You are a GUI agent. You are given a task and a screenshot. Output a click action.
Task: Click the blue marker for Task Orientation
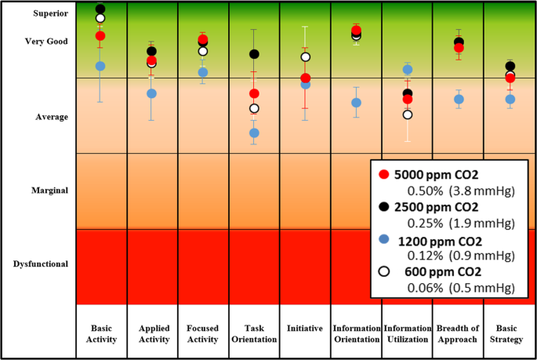coord(254,133)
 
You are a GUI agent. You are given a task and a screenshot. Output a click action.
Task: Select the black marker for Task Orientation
coord(254,54)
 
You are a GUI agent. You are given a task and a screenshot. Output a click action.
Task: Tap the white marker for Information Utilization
coord(407,115)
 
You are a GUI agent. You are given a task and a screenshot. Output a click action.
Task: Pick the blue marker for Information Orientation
coord(356,103)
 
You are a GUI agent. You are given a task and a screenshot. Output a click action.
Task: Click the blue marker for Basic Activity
coord(100,66)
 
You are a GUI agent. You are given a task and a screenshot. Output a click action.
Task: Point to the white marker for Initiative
coord(306,56)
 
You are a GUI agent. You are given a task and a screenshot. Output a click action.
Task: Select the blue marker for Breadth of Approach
coord(459,100)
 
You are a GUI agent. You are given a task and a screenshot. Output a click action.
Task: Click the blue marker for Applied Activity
coord(151,93)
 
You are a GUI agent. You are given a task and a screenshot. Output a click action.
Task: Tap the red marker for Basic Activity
coord(100,35)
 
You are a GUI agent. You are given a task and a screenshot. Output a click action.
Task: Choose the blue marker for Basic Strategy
coord(510,100)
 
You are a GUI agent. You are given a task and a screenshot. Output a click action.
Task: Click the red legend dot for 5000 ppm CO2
coord(383,175)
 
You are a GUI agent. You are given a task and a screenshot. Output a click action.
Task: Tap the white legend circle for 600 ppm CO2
coord(383,271)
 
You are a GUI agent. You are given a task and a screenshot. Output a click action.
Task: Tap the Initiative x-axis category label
coord(305,329)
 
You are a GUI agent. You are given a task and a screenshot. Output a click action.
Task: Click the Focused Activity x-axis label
coord(203,333)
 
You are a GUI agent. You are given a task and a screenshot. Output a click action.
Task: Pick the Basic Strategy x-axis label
coord(510,333)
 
